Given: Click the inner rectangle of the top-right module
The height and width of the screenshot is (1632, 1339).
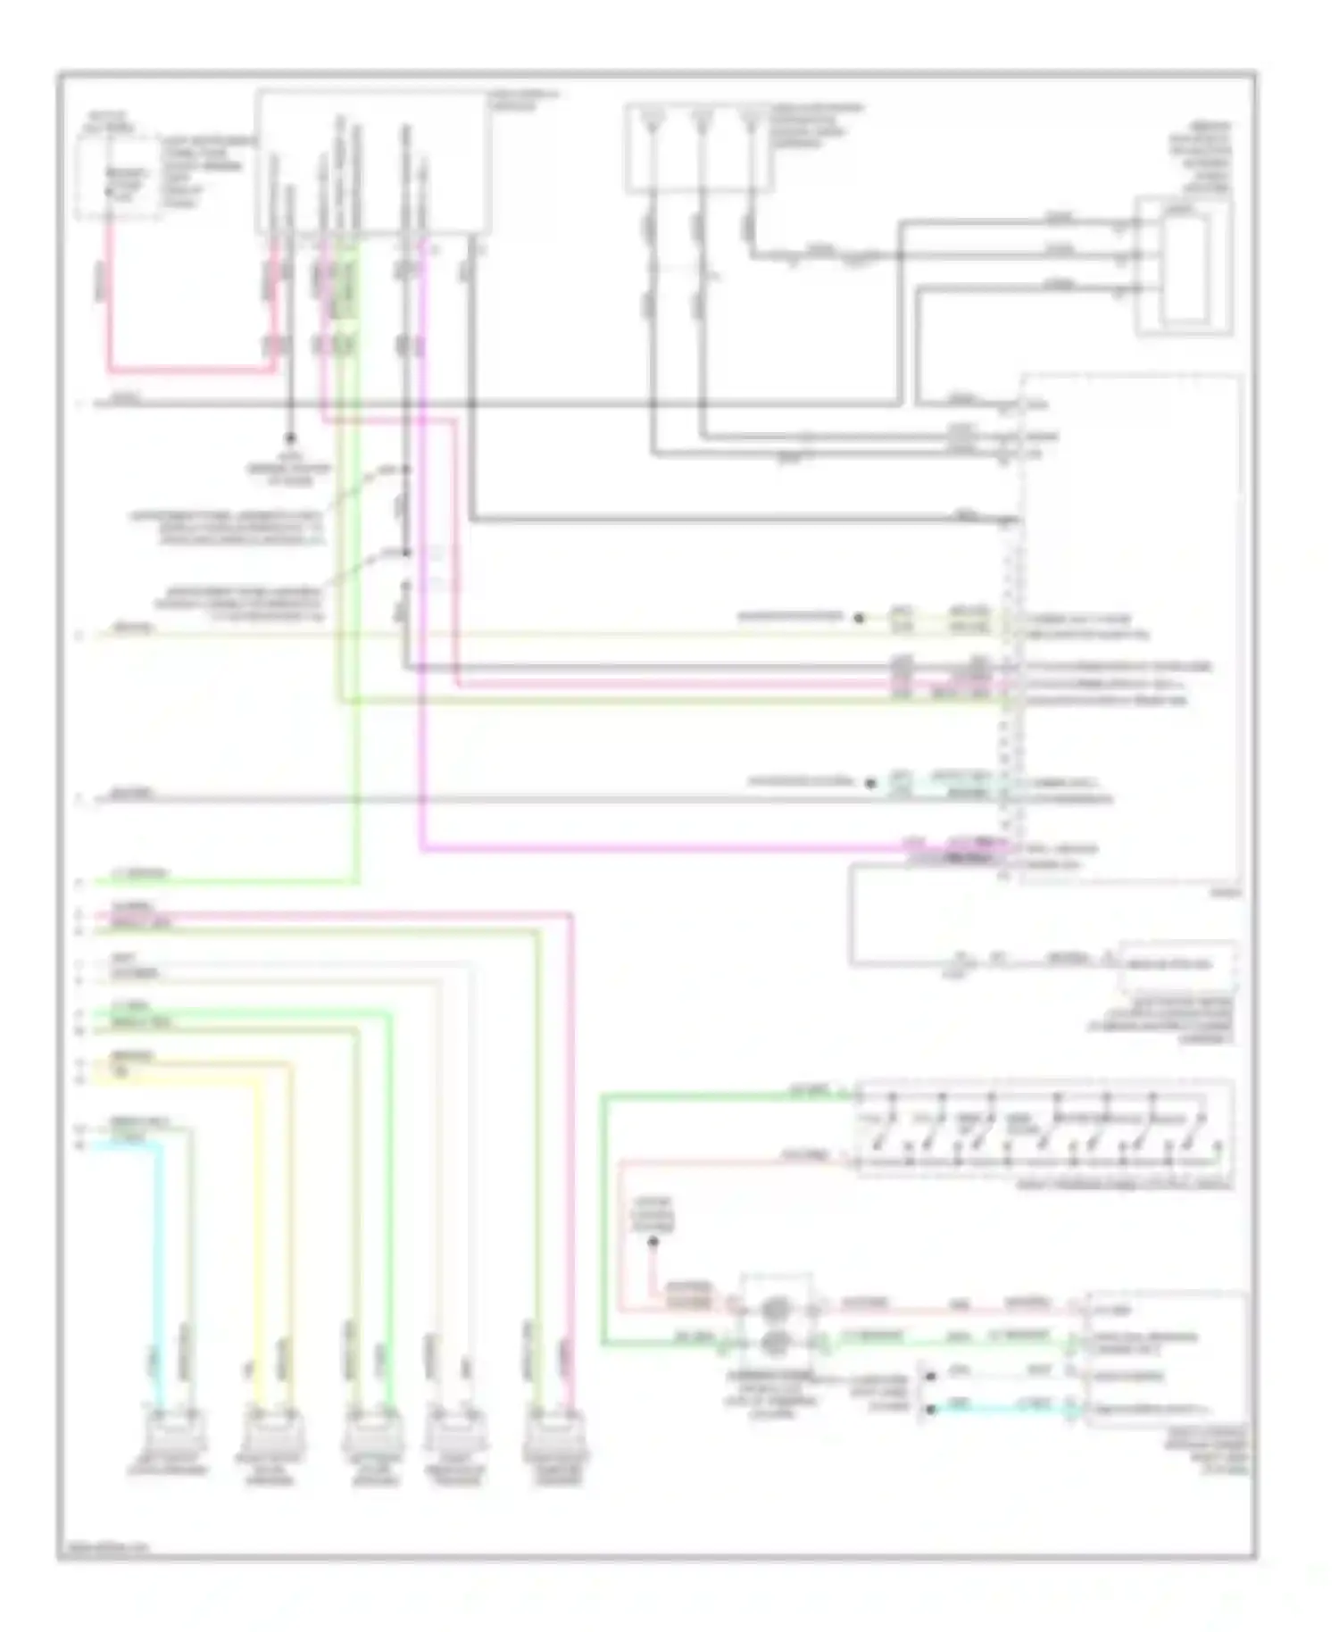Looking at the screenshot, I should pos(1184,267).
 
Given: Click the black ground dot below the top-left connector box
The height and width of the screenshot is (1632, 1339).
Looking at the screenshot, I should pos(289,438).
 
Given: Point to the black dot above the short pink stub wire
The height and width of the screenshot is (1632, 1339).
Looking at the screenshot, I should pos(653,1242).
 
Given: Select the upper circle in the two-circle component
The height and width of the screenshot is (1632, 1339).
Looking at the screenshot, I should pos(774,1310).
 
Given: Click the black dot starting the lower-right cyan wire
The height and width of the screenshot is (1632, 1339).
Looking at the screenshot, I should pos(930,1409).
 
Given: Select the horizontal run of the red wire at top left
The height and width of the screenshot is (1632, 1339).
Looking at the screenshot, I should pos(192,370).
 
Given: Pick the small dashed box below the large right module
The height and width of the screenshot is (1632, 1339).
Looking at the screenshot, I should pos(1177,964).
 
